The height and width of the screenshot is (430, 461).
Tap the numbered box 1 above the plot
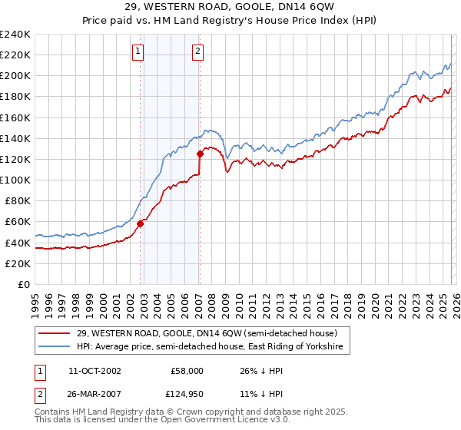(x=138, y=51)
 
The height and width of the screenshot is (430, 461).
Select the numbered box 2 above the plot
(x=197, y=51)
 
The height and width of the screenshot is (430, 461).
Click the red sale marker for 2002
(x=141, y=224)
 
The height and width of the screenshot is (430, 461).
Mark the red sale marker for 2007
(x=200, y=154)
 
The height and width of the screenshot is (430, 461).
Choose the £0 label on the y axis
(x=24, y=284)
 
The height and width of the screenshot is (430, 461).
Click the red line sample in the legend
(x=54, y=333)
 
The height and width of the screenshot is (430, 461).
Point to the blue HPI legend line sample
(x=54, y=348)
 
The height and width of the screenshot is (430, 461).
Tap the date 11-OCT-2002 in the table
(x=95, y=371)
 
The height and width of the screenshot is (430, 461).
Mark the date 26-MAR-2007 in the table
(x=95, y=395)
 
